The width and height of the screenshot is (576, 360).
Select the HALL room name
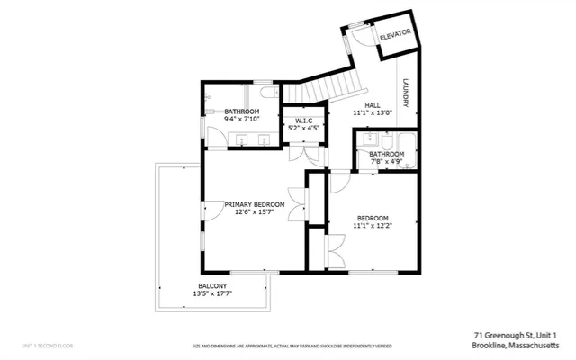372,105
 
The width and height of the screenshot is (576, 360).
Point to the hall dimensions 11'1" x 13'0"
372,114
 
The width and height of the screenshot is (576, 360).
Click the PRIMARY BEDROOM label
255,204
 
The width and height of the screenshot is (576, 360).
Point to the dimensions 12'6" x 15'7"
255,213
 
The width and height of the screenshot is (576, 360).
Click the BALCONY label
212,285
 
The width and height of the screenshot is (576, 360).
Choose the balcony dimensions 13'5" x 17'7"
212,293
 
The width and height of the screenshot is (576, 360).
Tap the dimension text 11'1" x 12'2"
372,227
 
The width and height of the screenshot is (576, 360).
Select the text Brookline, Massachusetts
522,345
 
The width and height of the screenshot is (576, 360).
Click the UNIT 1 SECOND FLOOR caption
48,346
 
